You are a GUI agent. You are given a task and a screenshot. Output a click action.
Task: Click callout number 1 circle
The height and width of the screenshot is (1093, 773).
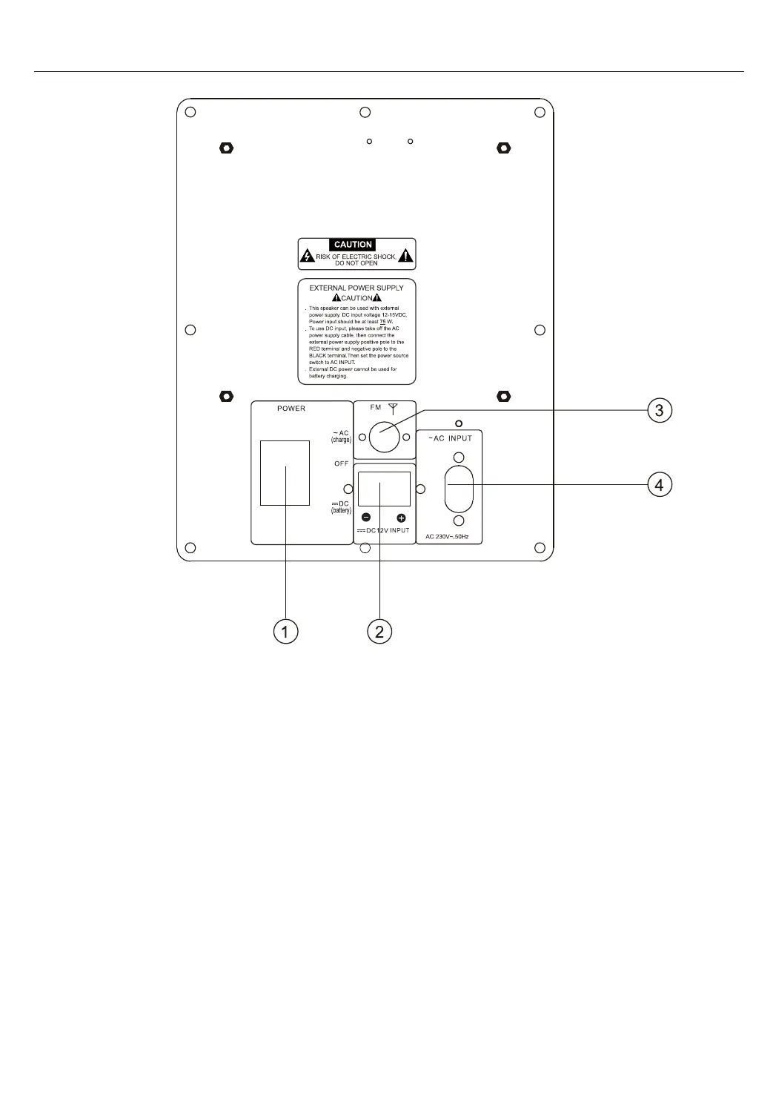coord(285,632)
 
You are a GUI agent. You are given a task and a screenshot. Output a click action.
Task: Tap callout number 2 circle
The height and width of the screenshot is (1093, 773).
coord(379,632)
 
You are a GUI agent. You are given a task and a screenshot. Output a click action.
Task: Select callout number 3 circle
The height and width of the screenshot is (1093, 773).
coord(660,410)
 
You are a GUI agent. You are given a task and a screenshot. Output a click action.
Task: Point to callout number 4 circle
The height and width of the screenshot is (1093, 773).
coord(660,485)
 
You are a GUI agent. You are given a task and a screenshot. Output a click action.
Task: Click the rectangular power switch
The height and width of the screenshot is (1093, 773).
coord(285,473)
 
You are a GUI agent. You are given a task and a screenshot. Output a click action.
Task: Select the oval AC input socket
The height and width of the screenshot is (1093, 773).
coord(459,489)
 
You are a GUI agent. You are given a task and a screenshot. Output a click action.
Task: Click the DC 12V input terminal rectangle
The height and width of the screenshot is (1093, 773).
coord(384,489)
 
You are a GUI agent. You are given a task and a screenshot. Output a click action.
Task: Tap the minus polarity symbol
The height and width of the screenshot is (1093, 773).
coord(366,518)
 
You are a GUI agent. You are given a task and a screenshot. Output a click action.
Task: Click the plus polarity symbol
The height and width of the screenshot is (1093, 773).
coord(402,518)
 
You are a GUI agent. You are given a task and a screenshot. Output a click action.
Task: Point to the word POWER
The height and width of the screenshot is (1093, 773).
coord(291,409)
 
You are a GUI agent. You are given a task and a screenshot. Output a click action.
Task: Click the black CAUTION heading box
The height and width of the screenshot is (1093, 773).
coord(354,245)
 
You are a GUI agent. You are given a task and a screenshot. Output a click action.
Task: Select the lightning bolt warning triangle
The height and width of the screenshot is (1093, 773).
coord(308,257)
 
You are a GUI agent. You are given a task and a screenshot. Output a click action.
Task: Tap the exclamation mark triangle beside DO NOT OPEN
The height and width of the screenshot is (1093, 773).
coord(405,257)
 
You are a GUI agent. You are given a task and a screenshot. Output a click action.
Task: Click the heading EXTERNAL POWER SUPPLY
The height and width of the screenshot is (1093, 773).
coord(356,288)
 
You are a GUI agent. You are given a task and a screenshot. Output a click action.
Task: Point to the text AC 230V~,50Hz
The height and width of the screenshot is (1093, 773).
coord(447,536)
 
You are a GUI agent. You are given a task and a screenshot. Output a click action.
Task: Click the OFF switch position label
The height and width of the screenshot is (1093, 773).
coord(341,463)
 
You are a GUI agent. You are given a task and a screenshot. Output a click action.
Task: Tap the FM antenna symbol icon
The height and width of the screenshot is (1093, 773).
coord(394,407)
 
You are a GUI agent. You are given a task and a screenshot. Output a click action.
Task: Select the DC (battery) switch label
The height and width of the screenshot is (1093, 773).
coord(341,507)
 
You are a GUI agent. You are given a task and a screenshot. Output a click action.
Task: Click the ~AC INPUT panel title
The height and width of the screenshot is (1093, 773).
coord(450,438)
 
